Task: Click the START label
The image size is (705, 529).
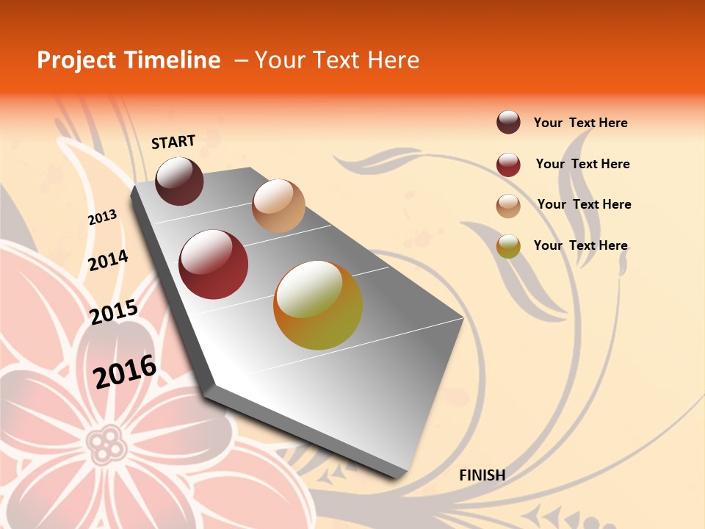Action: point(173,142)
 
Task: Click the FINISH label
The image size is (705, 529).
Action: point(482,475)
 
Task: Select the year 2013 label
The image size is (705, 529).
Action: point(103,217)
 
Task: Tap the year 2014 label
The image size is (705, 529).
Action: point(108,260)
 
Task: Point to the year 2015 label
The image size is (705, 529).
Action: point(114,312)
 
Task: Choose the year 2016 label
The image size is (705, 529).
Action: point(125,371)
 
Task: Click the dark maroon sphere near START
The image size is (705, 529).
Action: point(179,181)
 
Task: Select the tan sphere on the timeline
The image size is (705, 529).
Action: point(278,206)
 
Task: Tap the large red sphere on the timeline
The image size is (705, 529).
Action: point(214,264)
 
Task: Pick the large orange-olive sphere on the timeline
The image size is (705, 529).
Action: point(318,305)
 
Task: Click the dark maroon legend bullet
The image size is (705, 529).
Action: point(508,123)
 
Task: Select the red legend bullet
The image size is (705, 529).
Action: point(508,165)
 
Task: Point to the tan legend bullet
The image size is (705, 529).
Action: point(508,206)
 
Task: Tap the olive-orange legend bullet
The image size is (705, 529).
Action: point(508,246)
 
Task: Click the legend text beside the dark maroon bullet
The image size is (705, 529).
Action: point(580,123)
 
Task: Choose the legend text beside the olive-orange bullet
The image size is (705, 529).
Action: point(580,245)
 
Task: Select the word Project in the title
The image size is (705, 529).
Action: point(77,60)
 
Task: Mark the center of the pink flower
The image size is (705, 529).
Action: point(107,442)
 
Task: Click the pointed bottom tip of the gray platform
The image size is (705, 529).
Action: point(397,476)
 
